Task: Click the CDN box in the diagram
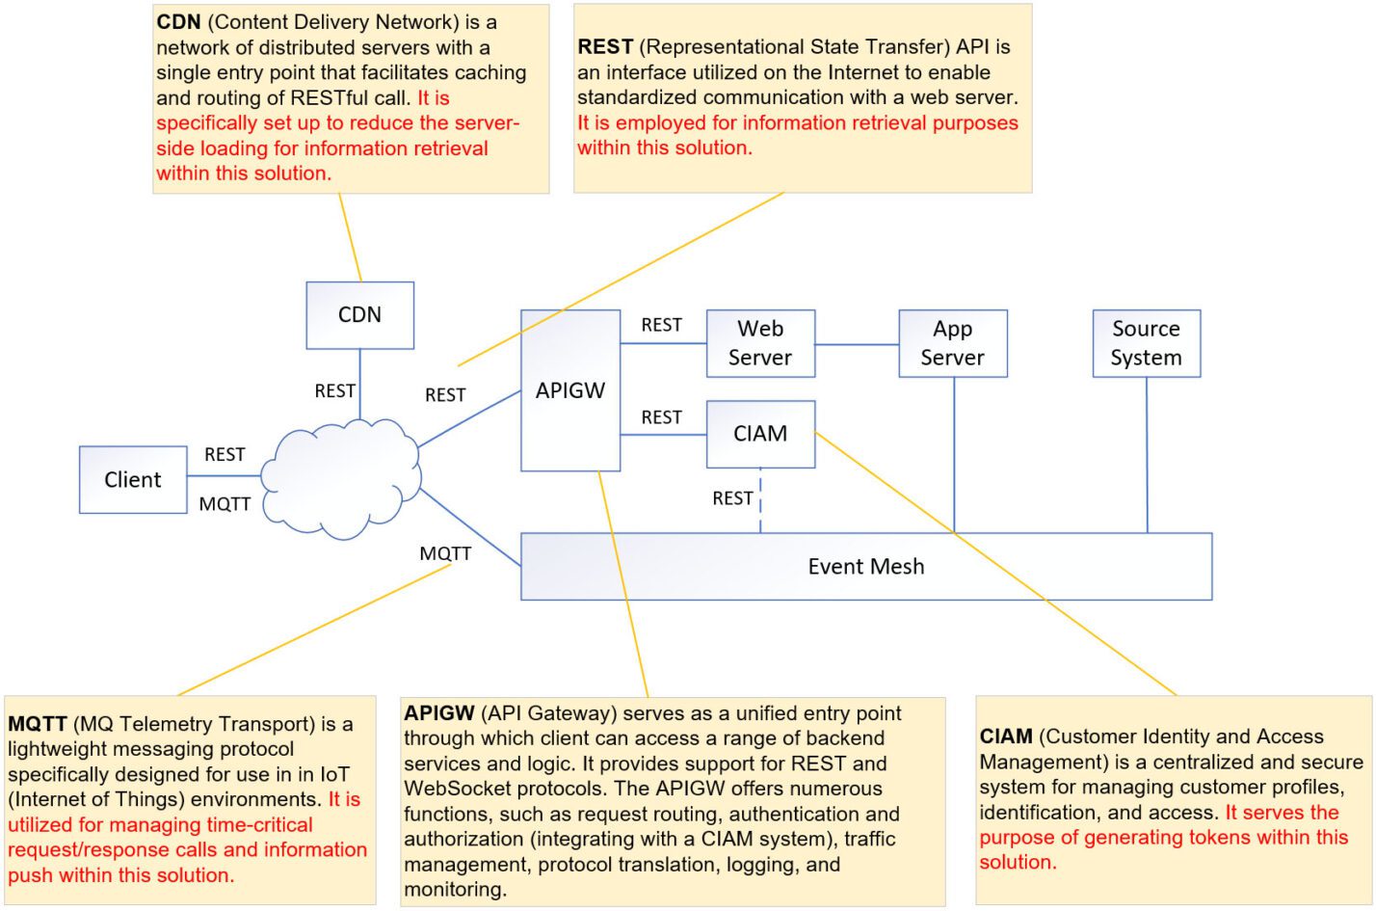point(359,315)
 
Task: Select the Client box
point(133,479)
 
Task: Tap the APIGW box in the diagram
point(570,390)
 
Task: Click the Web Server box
point(760,343)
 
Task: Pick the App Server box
point(952,343)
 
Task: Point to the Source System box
point(1146,343)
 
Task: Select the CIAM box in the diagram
point(760,434)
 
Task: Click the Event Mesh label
point(865,567)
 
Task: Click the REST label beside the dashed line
point(732,498)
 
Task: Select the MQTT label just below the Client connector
point(225,504)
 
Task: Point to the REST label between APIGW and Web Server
point(661,326)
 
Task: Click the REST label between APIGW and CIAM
point(661,417)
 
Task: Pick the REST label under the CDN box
point(334,390)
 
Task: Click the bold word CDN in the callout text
point(178,22)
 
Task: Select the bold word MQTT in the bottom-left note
point(37,724)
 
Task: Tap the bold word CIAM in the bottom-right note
point(1006,737)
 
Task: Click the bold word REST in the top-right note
point(605,47)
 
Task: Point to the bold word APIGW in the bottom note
point(438,713)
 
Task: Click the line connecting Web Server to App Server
point(857,344)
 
